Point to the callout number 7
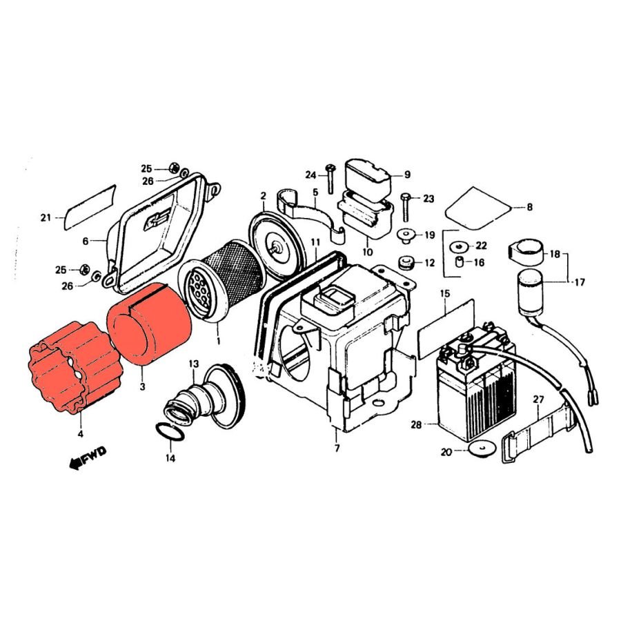(337, 448)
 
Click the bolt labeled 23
(406, 207)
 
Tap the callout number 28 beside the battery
(416, 425)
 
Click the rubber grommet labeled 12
(406, 263)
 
